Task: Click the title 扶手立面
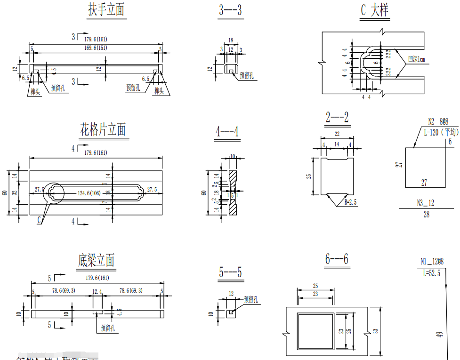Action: tap(106, 10)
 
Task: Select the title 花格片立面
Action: tap(103, 129)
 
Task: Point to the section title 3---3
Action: tap(230, 11)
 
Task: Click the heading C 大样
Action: tap(375, 10)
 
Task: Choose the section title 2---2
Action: tap(337, 117)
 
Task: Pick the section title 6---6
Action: tap(337, 259)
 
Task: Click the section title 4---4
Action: tap(227, 132)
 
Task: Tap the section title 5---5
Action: tap(231, 272)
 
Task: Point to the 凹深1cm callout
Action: tap(417, 59)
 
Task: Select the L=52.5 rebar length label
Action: tap(431, 273)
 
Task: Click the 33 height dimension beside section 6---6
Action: tap(375, 331)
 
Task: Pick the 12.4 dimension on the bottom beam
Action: tap(97, 291)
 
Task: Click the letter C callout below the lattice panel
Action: tap(39, 219)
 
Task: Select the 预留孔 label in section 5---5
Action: tap(251, 299)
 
